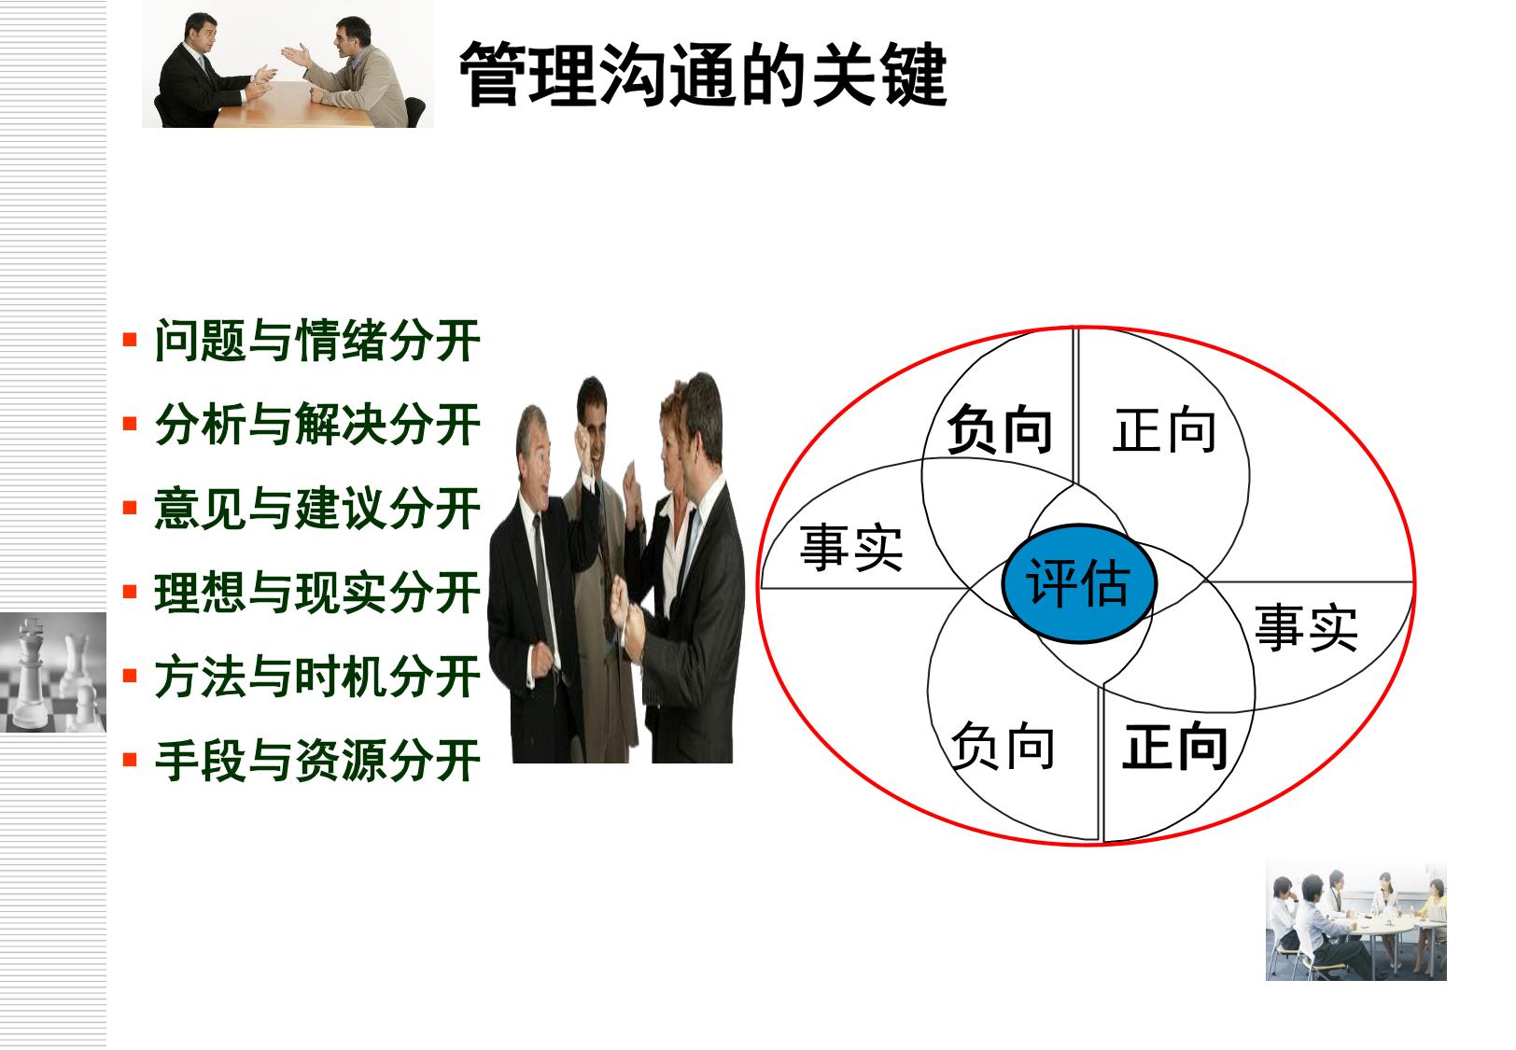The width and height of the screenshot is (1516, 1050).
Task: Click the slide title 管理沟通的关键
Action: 703,74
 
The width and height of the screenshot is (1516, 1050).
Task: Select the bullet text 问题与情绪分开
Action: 317,341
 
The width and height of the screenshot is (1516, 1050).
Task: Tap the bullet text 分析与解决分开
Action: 317,424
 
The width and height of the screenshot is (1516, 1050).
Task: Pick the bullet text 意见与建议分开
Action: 317,508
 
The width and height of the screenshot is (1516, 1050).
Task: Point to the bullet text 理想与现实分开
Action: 317,592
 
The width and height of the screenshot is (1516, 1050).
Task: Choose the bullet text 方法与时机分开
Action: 317,676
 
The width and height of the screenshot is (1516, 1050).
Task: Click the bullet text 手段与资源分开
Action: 317,760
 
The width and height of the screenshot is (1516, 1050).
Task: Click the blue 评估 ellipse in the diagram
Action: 1079,582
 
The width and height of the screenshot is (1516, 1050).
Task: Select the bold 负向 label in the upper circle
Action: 999,429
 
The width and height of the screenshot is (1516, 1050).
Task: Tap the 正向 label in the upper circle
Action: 1164,429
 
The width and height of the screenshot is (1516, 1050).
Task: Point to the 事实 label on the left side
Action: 851,547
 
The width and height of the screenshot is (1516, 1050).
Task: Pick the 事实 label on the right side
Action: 1306,628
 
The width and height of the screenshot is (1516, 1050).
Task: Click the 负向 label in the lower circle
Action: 1003,746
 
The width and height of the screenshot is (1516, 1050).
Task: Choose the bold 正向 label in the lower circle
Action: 1174,746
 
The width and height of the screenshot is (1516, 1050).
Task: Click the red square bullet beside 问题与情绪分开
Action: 130,340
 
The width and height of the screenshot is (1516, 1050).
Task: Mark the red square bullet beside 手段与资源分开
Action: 130,759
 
